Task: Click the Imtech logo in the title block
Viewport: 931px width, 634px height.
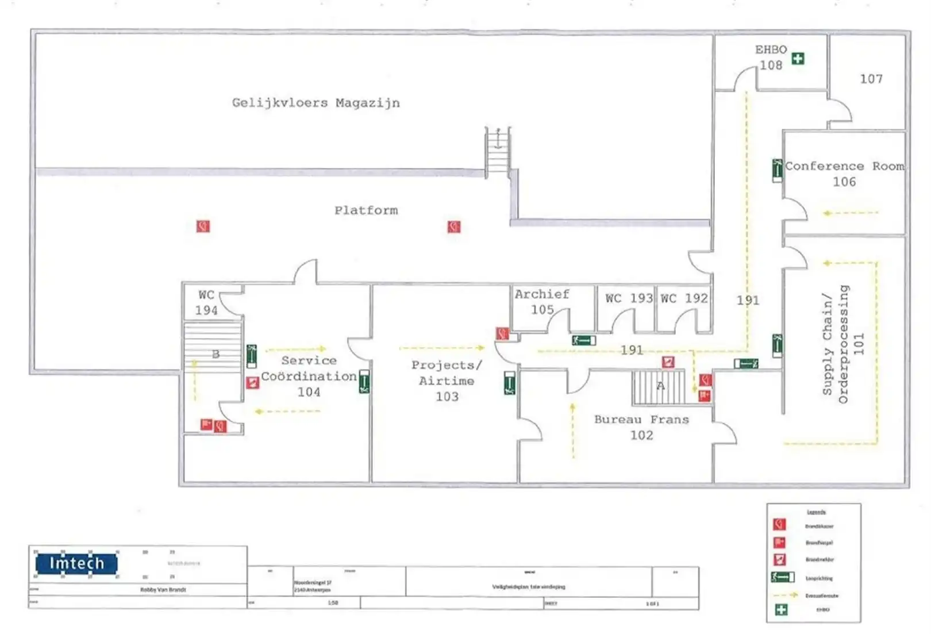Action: [x=76, y=563]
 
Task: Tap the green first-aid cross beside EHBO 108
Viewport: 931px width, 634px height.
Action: [x=798, y=58]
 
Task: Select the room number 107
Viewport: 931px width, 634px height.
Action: [x=871, y=79]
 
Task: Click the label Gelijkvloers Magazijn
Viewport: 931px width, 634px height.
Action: [x=316, y=103]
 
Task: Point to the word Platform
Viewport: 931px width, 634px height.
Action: [x=366, y=210]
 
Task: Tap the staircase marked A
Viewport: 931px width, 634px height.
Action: [x=659, y=387]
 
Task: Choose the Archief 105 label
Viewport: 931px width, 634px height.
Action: [x=542, y=302]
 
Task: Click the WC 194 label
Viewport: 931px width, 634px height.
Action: [x=206, y=302]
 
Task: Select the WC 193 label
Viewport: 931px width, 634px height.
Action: [x=629, y=298]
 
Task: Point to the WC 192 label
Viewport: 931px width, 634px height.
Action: [x=684, y=298]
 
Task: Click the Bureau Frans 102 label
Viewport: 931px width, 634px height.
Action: [x=641, y=427]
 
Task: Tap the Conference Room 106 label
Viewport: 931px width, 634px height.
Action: [x=844, y=174]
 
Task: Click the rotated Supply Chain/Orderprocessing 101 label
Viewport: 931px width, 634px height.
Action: [x=843, y=344]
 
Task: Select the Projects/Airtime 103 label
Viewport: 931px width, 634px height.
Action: [x=447, y=381]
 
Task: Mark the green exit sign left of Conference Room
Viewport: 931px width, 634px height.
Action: [x=777, y=170]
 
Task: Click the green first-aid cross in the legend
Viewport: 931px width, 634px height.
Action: [x=781, y=610]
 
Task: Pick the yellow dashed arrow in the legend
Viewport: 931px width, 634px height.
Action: [x=786, y=595]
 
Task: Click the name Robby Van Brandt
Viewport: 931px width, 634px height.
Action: [x=163, y=590]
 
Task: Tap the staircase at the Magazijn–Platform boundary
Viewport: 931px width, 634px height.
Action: [x=498, y=149]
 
